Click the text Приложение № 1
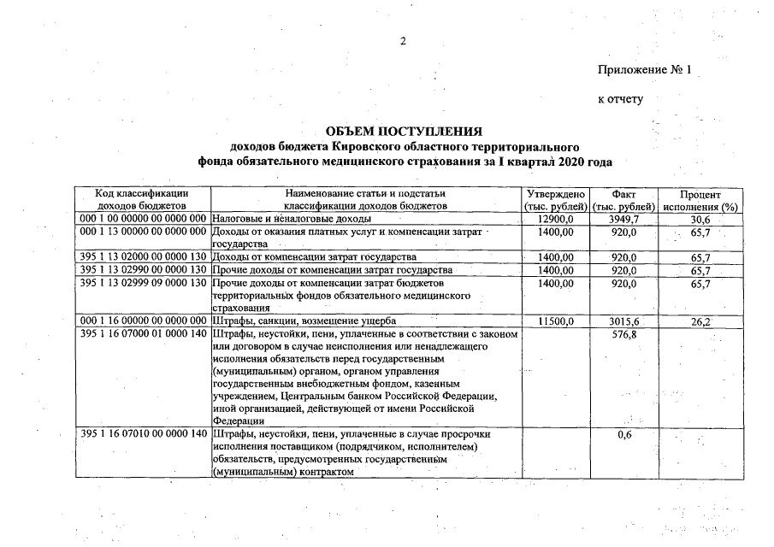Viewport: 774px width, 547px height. click(643, 69)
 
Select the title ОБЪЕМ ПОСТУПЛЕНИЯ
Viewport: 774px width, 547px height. click(405, 132)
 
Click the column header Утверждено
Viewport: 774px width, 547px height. click(555, 194)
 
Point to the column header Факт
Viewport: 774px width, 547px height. click(623, 194)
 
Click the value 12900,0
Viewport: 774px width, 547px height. click(555, 220)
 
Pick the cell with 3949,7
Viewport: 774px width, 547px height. click(623, 220)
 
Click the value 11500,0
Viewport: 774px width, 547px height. click(555, 321)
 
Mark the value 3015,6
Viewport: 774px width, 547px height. click(623, 321)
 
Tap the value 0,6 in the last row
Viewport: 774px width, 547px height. click(623, 434)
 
